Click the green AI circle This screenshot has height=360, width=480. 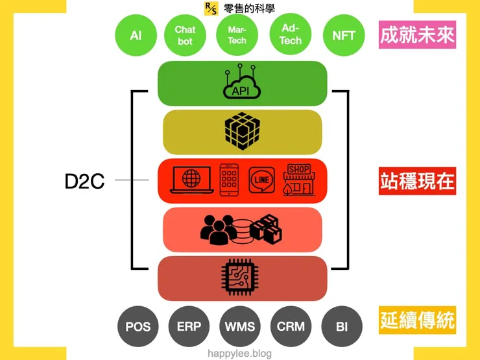[136, 36]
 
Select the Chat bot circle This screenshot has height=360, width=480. [185, 36]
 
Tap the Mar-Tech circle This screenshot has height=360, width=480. [237, 36]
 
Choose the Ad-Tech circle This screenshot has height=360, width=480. [291, 36]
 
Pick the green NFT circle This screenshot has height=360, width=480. [344, 36]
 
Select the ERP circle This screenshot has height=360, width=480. [189, 326]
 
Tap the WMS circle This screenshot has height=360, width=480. [240, 326]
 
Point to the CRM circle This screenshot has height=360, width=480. [291, 326]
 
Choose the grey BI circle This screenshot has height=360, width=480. [342, 326]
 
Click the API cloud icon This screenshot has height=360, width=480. [241, 83]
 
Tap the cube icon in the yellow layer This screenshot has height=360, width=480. [241, 132]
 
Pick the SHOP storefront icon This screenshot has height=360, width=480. [299, 178]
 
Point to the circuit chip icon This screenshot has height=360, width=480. [241, 278]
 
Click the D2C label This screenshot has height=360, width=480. [84, 181]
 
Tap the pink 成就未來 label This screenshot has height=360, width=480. [417, 35]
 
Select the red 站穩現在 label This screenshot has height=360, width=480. [417, 182]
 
